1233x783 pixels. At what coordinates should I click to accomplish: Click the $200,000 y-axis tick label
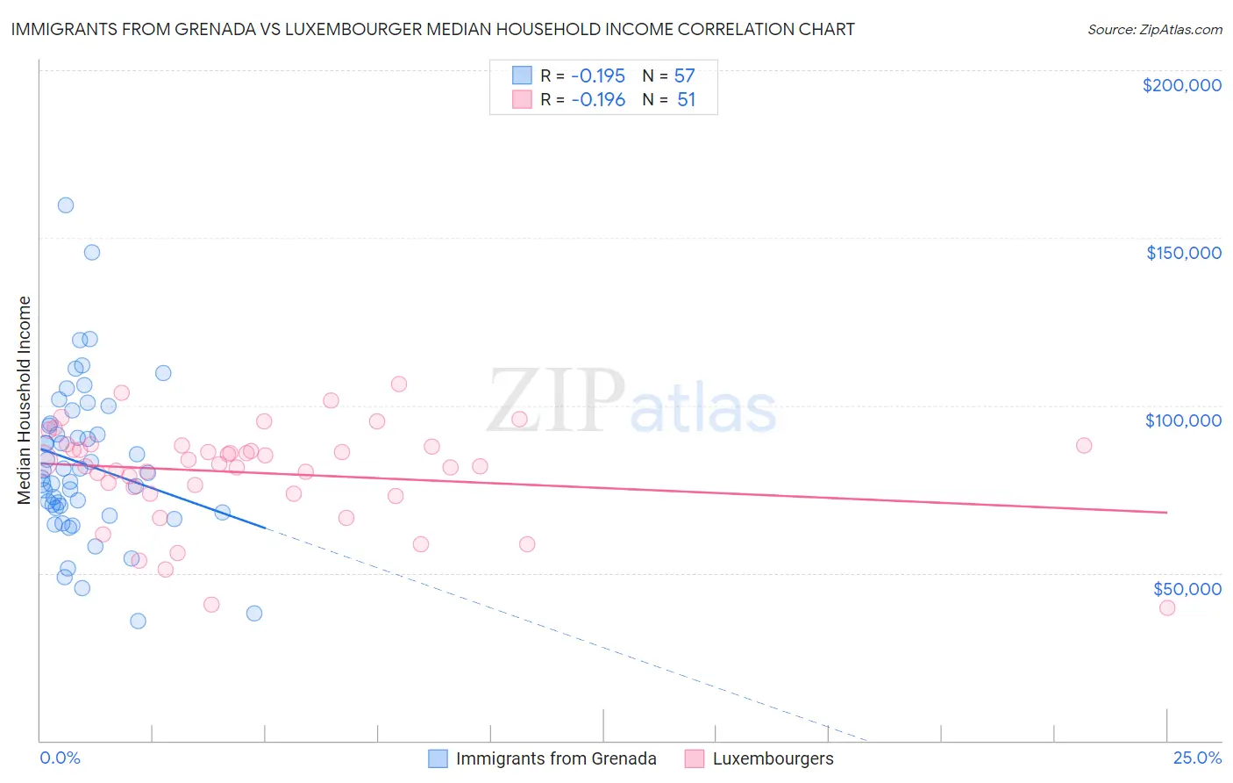click(x=1181, y=85)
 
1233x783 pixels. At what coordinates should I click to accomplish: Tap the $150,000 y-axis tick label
click(x=1183, y=253)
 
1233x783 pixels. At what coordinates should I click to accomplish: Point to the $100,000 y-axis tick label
click(x=1183, y=420)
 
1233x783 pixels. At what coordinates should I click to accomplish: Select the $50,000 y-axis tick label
click(x=1187, y=588)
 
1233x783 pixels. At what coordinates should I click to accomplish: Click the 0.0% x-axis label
click(x=60, y=758)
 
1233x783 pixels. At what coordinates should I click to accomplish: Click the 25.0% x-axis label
click(x=1197, y=758)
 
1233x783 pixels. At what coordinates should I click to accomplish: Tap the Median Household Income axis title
click(x=24, y=400)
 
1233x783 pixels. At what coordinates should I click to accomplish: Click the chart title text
click(x=432, y=29)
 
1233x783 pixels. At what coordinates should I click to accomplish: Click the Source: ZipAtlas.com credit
click(x=1154, y=29)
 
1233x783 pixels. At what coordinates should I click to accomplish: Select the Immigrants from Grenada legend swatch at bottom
click(x=438, y=758)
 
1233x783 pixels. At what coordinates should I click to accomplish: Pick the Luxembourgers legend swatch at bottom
click(x=695, y=758)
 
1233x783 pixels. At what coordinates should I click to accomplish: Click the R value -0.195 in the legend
click(x=598, y=75)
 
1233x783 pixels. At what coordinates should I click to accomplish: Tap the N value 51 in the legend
click(x=686, y=99)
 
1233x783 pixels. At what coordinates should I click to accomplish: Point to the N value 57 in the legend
click(x=684, y=75)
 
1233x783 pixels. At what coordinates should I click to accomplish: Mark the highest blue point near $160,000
click(x=65, y=205)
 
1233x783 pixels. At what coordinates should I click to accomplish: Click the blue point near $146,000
click(x=92, y=252)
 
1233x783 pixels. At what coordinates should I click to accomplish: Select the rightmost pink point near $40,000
click(x=1166, y=607)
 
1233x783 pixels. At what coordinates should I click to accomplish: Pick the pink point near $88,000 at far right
click(x=1084, y=445)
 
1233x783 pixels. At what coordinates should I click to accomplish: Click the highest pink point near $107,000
click(x=399, y=384)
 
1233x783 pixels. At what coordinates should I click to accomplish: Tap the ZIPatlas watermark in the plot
click(x=631, y=401)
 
